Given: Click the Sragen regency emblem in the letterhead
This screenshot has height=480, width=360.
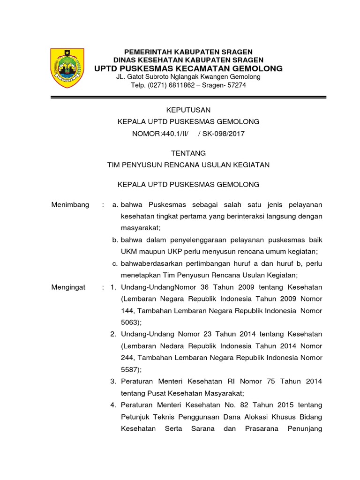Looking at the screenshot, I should [67, 68].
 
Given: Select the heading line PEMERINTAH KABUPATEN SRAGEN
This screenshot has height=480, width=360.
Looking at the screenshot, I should [188, 52].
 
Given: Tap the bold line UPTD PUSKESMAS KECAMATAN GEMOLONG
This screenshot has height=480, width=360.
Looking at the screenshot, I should [188, 68].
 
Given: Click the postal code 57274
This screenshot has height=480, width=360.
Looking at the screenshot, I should [236, 85].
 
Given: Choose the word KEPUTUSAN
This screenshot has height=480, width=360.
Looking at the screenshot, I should [189, 110].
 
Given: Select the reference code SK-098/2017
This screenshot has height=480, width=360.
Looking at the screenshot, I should [224, 134].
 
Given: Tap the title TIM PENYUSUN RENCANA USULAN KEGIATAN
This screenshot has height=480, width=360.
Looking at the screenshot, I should [188, 165].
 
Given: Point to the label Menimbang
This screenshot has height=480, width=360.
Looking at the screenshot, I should [70, 205].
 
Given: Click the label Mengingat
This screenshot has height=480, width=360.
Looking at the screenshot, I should [68, 287].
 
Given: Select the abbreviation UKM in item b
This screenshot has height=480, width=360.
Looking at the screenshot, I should [129, 252].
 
